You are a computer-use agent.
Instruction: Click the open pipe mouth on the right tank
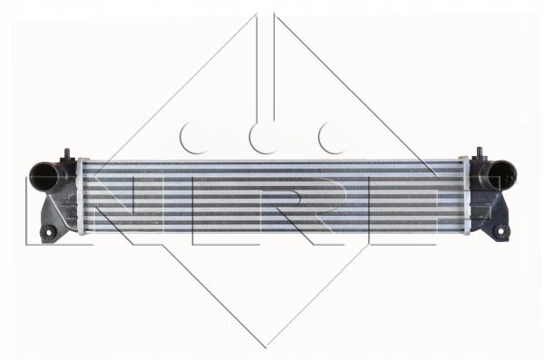tap(500, 173)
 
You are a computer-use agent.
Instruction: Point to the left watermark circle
tap(197, 137)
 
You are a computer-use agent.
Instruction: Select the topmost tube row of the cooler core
tap(272, 163)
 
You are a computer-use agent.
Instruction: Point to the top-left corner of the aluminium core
tap(87, 160)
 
